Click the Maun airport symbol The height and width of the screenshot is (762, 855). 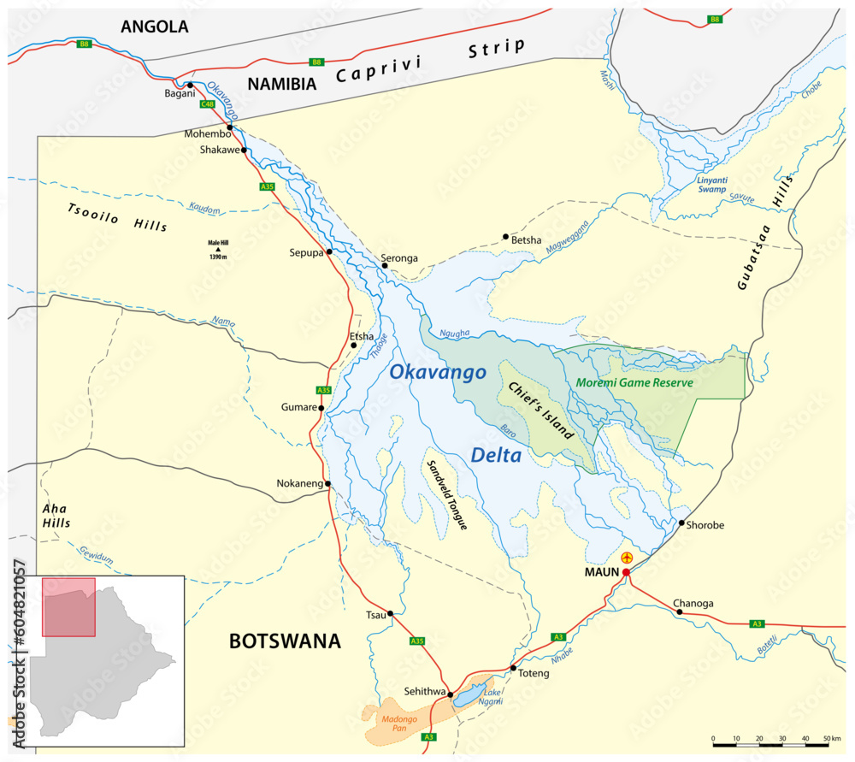pos(627,558)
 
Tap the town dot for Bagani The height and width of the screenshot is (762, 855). pos(191,86)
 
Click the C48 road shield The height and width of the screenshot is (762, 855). pos(206,104)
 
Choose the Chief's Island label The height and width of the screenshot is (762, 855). pos(541,411)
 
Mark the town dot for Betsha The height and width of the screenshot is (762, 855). pos(505,237)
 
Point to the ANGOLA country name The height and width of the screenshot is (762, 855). pos(154,27)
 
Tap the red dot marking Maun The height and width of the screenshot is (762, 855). pos(626,572)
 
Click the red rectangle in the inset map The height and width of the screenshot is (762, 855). pos(68,606)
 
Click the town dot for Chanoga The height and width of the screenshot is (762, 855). pos(679,612)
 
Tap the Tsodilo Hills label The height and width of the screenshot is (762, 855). pos(117,218)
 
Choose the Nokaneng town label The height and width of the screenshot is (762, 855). pos(299,484)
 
